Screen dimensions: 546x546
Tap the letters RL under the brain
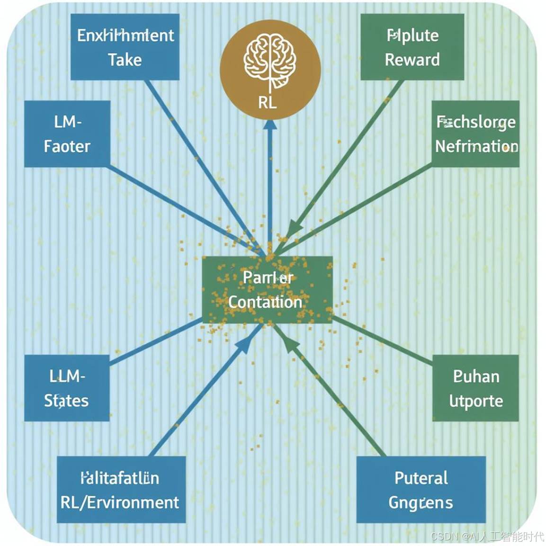coord(268,102)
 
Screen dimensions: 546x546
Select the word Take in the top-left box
coord(125,60)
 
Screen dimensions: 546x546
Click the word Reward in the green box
coord(412,60)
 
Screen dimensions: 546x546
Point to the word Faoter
coord(67,146)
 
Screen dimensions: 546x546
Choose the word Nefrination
coord(476,146)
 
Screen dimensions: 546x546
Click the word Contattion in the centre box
coord(265,302)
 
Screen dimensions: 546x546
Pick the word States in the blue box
coord(66,401)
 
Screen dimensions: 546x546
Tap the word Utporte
coord(476,401)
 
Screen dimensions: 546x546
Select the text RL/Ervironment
coord(120,502)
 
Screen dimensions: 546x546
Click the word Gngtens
coord(421,502)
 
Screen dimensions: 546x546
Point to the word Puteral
coord(421,478)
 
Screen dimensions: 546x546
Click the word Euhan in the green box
coord(476,376)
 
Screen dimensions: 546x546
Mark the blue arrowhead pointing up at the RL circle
coord(270,124)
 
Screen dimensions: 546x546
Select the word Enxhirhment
coord(125,36)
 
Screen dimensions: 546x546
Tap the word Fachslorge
coord(476,122)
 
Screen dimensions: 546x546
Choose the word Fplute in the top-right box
coord(412,36)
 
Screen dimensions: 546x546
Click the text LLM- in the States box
coord(67,376)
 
